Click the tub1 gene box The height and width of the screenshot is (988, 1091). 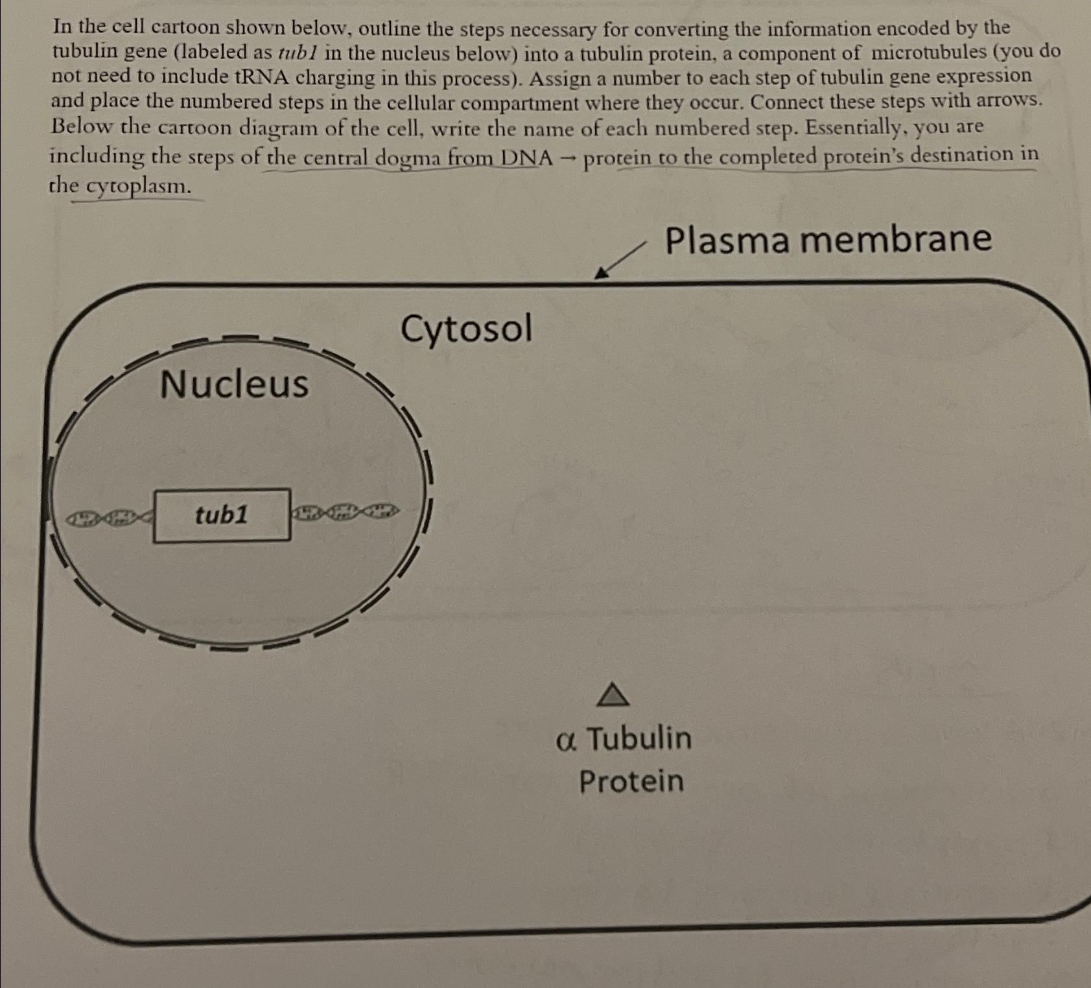pos(222,515)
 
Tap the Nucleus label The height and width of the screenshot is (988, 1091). pos(234,383)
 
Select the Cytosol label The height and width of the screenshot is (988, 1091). pos(466,329)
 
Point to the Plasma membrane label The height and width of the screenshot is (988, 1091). pos(828,239)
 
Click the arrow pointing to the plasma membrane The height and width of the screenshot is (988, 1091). pos(620,261)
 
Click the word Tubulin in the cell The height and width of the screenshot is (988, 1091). pos(639,738)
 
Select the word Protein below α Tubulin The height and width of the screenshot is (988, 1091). pos(631,781)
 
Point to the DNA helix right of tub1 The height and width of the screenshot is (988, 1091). pos(346,512)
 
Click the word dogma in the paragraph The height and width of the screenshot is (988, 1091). pos(410,158)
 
